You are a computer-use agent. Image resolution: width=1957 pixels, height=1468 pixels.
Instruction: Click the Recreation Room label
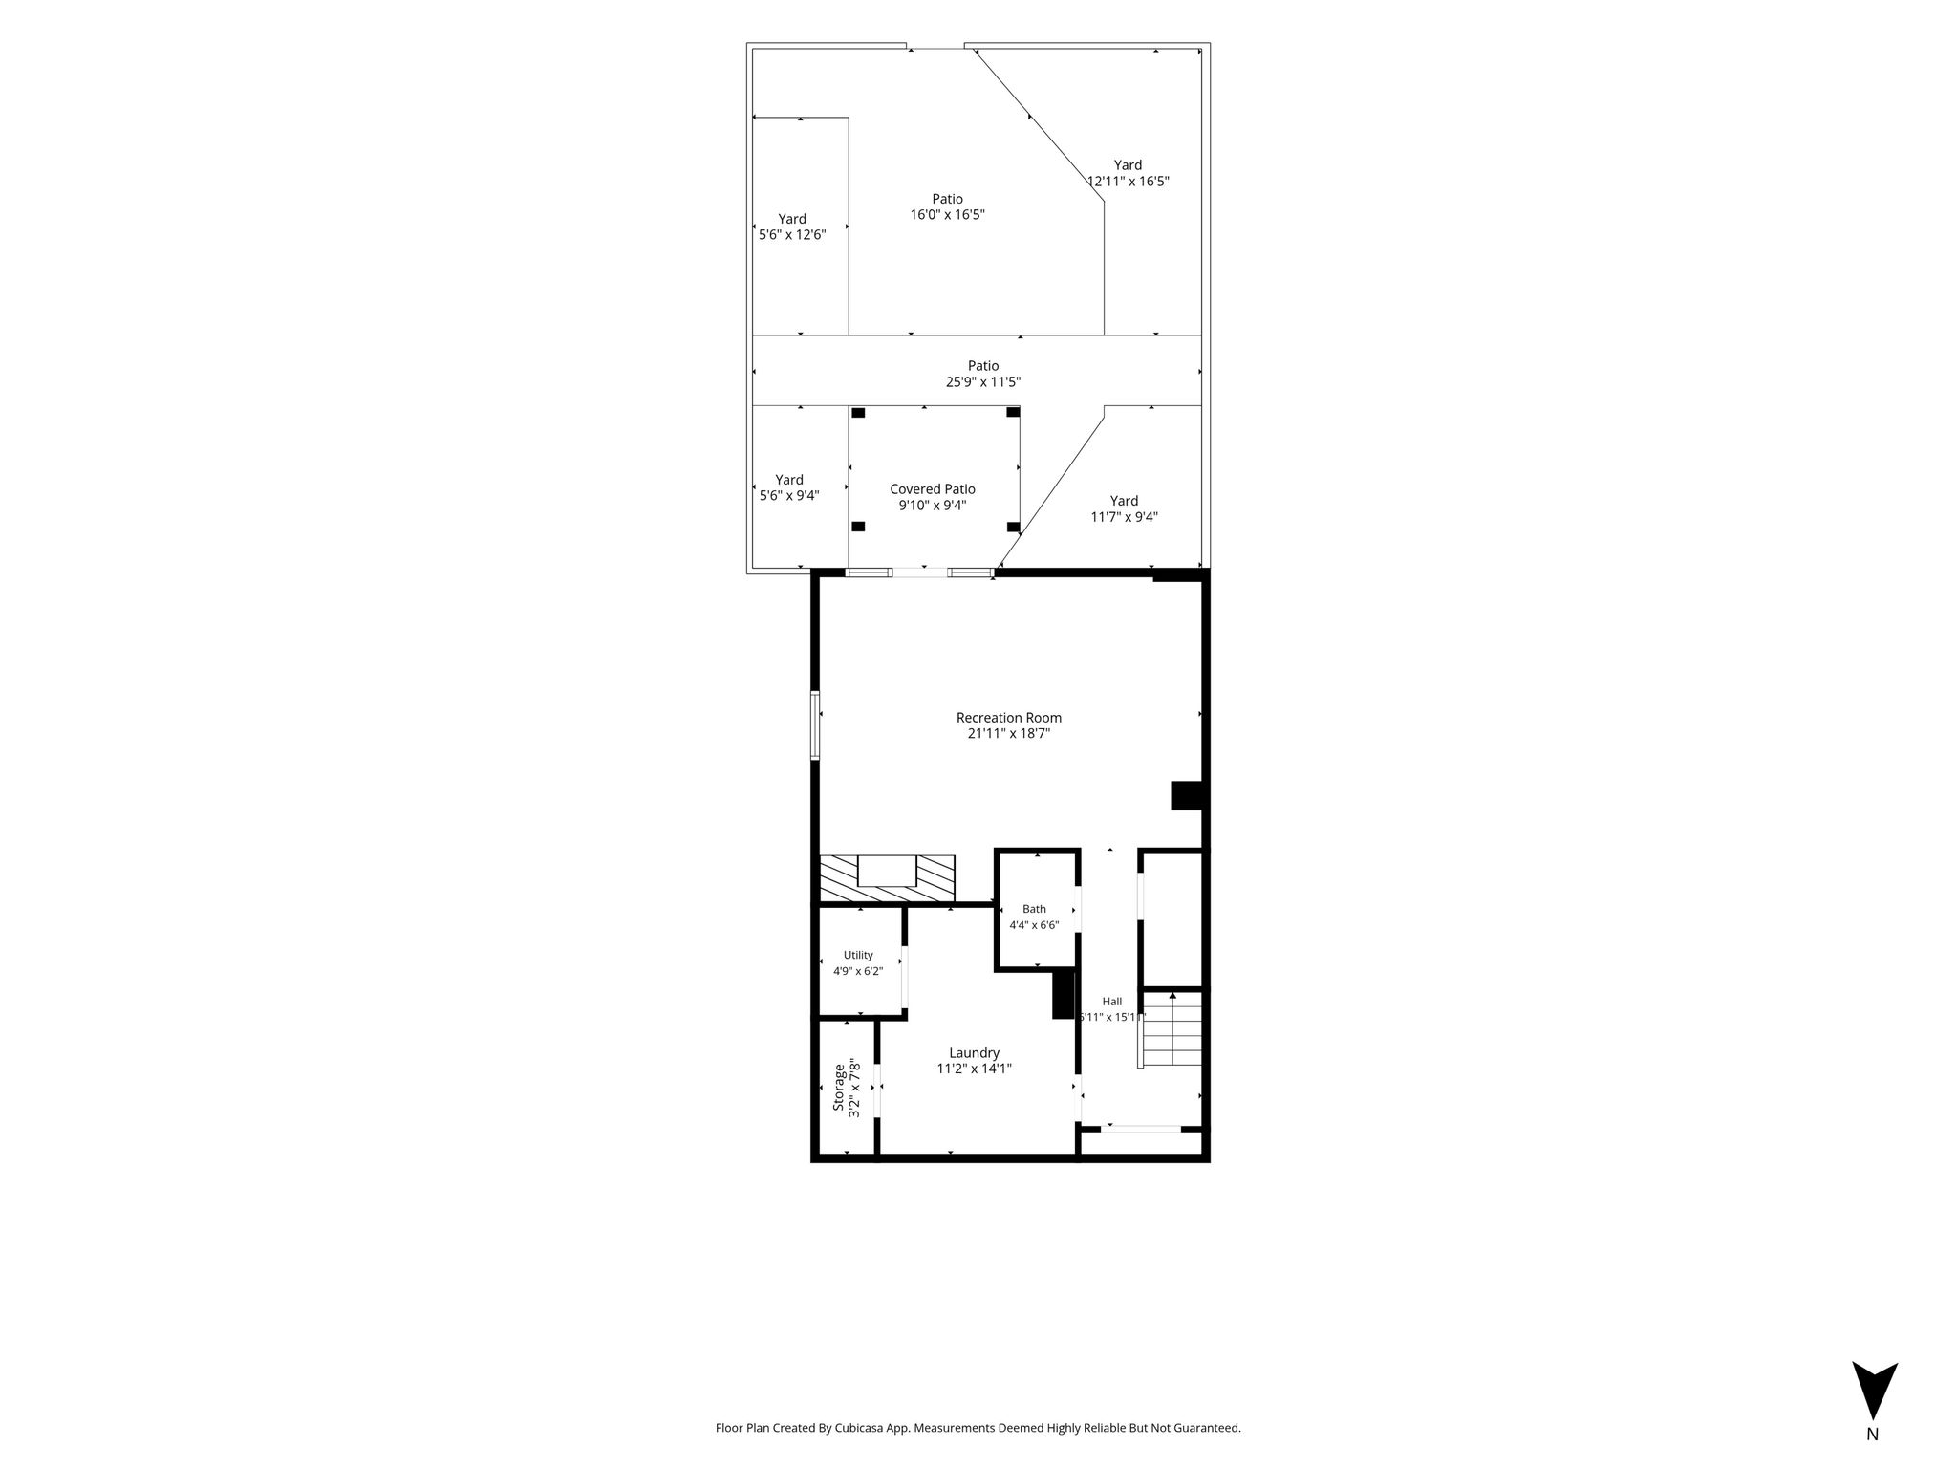click(1008, 718)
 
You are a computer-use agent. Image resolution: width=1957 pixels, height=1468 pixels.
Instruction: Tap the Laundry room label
click(974, 1053)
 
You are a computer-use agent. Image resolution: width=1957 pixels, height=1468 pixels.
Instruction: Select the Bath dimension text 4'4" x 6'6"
click(1034, 925)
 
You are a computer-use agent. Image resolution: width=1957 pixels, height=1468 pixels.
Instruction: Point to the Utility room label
click(858, 955)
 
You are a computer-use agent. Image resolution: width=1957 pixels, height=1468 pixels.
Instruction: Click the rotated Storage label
click(839, 1088)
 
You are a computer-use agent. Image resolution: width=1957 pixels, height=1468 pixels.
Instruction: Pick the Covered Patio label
click(933, 489)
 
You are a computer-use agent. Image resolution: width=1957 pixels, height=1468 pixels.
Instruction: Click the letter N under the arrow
click(1872, 1460)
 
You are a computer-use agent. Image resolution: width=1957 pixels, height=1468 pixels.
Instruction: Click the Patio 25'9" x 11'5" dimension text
click(983, 382)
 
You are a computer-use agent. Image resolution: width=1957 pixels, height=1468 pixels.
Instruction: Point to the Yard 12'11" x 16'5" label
click(1128, 173)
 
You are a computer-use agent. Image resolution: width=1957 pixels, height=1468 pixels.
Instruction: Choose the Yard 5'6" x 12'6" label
click(791, 227)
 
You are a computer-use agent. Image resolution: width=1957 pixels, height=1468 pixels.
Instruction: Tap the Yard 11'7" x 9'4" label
click(1124, 508)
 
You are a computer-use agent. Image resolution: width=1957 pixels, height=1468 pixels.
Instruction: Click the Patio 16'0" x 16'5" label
click(947, 206)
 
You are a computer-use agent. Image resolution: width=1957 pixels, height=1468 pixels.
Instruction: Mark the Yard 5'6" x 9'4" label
click(789, 487)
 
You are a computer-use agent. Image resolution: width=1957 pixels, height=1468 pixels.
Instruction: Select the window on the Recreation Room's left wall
click(815, 725)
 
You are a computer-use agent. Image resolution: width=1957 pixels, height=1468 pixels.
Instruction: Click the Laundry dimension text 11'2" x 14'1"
click(974, 1069)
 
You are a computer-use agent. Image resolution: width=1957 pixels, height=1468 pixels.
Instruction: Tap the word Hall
click(1112, 1002)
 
